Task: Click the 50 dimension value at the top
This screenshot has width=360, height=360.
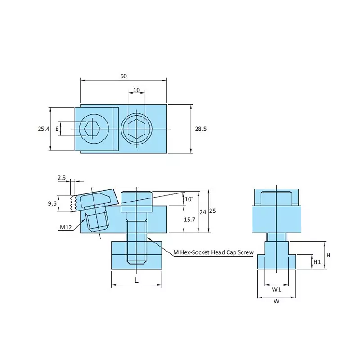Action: click(x=123, y=76)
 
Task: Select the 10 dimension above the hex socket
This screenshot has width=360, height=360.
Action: click(x=136, y=90)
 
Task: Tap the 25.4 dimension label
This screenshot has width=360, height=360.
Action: click(x=43, y=129)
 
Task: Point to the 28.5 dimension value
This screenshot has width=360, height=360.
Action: click(x=201, y=129)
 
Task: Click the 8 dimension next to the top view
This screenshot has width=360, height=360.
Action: click(x=57, y=129)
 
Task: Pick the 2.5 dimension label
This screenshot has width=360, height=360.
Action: click(x=62, y=178)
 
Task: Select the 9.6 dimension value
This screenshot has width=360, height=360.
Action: click(x=52, y=203)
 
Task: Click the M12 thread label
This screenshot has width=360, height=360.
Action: click(x=66, y=227)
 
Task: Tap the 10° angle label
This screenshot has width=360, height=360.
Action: click(x=188, y=199)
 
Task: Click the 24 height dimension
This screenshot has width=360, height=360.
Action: click(x=203, y=211)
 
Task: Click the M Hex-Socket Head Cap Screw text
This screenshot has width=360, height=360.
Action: click(x=214, y=252)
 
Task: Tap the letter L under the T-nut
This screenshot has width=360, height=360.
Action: click(x=136, y=280)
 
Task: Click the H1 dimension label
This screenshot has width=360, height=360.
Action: click(x=317, y=261)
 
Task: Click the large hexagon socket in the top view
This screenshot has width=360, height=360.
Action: click(x=136, y=129)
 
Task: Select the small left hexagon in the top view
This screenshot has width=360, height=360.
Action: click(x=93, y=129)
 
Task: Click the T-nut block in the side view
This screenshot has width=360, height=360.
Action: click(x=136, y=255)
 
